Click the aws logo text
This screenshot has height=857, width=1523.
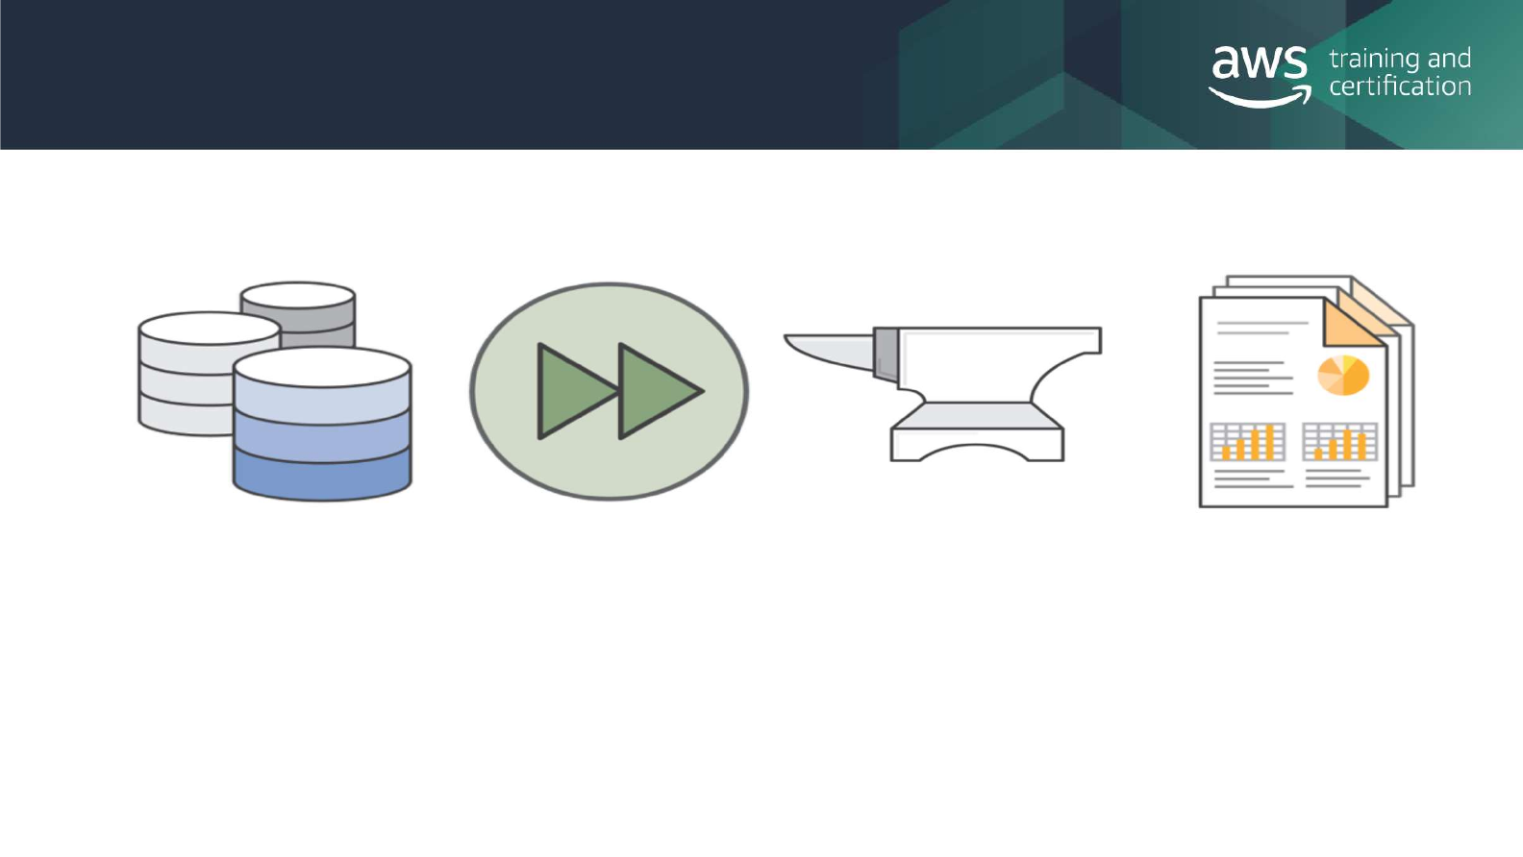click(1259, 64)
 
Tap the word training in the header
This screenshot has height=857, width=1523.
click(1374, 60)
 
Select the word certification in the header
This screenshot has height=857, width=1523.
click(1400, 86)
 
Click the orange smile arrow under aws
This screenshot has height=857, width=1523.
click(1261, 98)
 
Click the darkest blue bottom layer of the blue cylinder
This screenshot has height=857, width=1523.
click(322, 475)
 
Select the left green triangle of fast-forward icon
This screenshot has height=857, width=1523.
click(574, 391)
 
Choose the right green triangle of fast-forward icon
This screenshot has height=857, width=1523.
click(658, 391)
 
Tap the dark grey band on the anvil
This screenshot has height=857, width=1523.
click(886, 353)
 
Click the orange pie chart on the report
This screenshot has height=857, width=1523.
click(1342, 375)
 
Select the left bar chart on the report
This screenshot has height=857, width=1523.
click(1247, 443)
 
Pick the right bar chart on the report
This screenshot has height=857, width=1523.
click(1339, 442)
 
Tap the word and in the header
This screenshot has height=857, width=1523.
click(1449, 60)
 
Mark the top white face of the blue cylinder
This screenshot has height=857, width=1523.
click(322, 367)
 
